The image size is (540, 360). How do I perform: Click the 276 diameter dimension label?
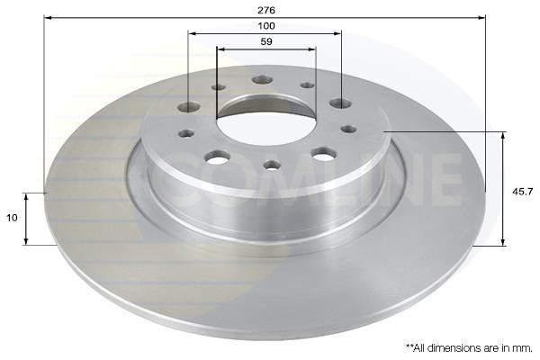point(266,10)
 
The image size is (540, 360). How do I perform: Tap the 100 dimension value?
point(266,26)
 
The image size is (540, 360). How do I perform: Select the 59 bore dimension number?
point(266,41)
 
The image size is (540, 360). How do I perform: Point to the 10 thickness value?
point(12,218)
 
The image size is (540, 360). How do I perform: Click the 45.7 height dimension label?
point(522,192)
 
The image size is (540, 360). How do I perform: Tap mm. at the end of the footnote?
point(524,348)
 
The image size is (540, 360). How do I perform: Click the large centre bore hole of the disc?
point(265,121)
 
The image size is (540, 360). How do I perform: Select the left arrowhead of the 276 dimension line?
point(49,18)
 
